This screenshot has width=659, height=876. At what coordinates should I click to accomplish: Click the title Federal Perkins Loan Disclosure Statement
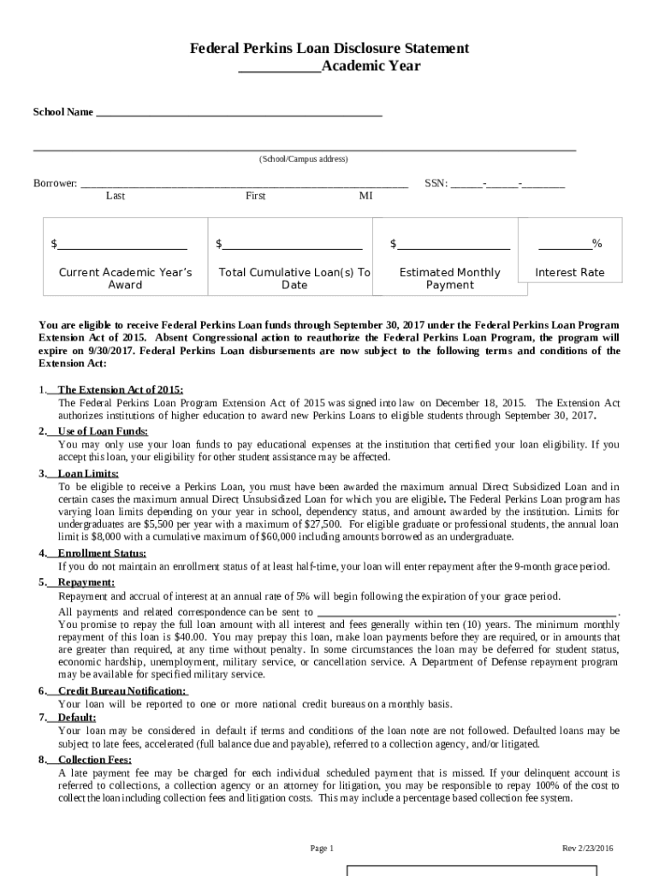329,49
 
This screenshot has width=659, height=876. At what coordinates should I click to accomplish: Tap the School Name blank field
239,113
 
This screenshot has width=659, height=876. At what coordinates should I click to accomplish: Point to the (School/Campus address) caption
304,159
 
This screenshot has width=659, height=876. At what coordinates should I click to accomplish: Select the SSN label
436,183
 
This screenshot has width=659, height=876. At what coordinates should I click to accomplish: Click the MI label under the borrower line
365,196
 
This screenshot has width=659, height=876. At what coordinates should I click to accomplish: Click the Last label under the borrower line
116,196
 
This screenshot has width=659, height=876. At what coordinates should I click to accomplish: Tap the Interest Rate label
569,273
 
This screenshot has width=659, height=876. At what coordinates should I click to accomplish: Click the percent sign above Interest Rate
597,245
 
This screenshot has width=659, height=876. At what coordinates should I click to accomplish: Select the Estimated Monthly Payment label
449,279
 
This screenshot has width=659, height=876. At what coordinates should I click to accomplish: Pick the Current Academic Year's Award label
125,279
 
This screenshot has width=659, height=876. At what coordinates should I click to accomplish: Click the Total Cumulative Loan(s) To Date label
294,279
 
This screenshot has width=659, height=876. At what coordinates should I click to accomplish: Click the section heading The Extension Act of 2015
120,389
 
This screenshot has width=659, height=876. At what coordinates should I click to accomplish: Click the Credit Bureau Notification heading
122,690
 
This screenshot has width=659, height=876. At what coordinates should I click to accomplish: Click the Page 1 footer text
321,849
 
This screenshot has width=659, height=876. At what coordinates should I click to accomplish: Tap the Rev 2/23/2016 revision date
587,849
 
